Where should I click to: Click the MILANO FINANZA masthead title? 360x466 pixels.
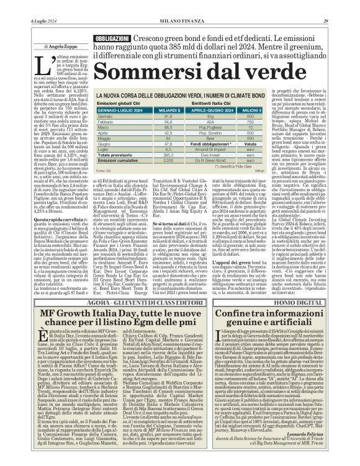180,6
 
